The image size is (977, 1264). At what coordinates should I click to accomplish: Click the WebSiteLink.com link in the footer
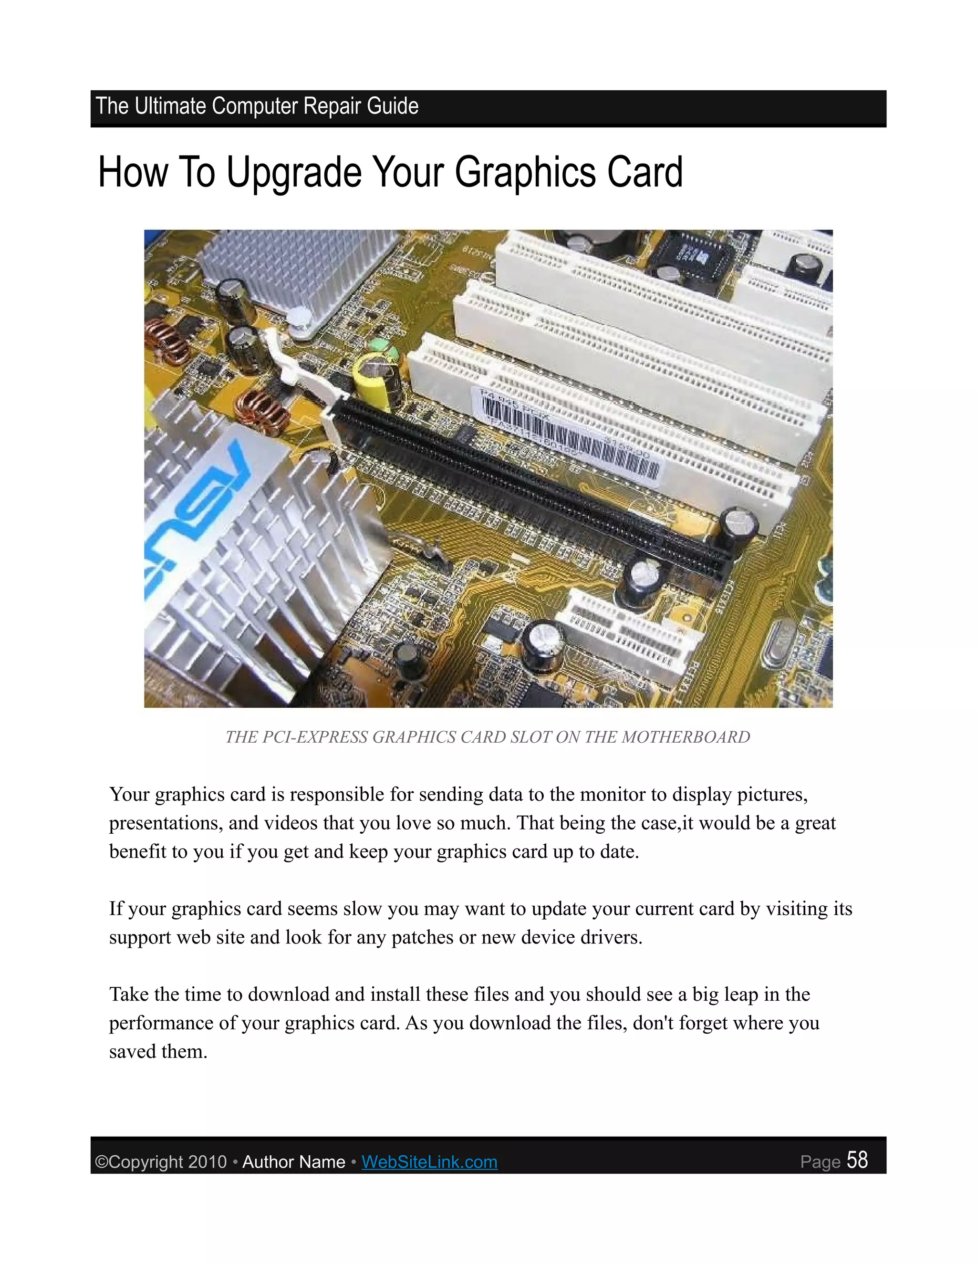(x=429, y=1161)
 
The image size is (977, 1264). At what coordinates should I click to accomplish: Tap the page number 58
(x=857, y=1160)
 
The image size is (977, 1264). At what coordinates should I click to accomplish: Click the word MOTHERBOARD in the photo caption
(x=686, y=737)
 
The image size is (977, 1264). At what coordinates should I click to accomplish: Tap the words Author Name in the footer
(x=293, y=1161)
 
